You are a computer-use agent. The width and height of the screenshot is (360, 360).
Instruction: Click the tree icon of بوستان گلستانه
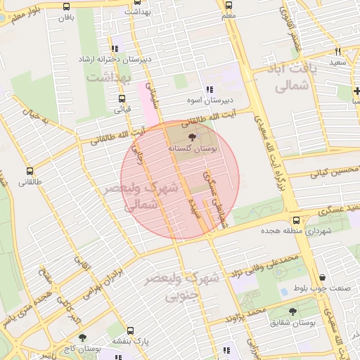click(x=193, y=139)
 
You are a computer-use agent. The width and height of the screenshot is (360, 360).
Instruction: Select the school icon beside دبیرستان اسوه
click(x=210, y=89)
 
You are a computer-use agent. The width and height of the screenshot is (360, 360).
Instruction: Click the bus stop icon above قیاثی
click(x=122, y=98)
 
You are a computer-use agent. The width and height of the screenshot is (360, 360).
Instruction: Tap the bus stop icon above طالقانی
click(x=30, y=171)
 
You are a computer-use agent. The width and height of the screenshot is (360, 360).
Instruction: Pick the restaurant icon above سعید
click(x=338, y=51)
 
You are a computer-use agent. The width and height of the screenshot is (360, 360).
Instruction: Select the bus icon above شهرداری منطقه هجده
click(x=296, y=220)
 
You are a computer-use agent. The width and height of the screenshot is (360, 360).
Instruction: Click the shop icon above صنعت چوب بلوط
click(x=322, y=277)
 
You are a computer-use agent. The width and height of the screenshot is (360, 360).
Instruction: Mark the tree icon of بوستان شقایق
click(x=292, y=311)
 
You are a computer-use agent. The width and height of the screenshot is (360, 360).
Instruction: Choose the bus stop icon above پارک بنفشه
click(x=130, y=330)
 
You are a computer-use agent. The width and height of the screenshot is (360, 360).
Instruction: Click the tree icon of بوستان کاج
click(x=83, y=337)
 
